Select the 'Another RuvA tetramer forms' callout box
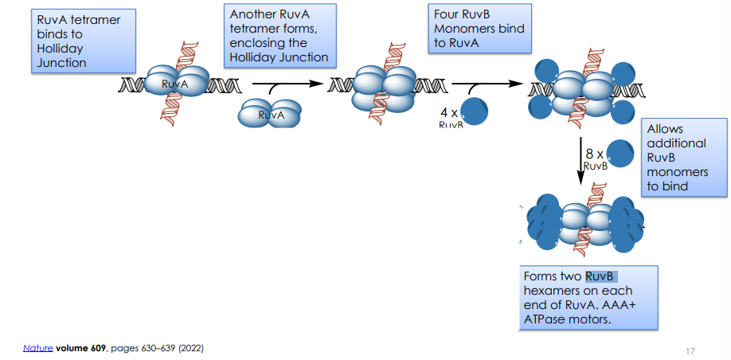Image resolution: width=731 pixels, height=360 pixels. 279,36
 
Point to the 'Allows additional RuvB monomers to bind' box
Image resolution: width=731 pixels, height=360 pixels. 686,157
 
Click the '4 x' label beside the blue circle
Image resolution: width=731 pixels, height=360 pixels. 448,112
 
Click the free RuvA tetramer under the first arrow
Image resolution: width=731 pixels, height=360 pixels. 271,114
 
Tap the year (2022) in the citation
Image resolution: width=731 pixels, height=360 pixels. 192,348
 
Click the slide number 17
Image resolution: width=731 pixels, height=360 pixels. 691,350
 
